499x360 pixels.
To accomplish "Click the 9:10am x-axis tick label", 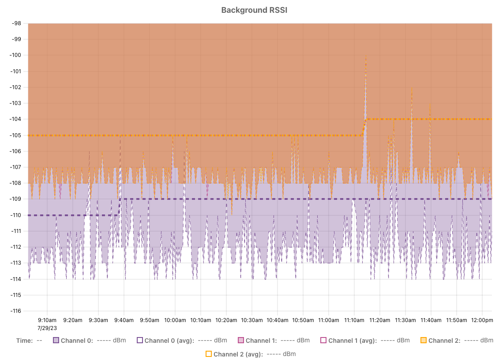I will [x=47, y=320].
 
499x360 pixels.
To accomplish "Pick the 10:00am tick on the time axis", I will [x=175, y=320].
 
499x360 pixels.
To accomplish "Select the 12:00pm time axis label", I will [x=481, y=320].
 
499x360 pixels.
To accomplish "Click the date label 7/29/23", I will [x=47, y=328].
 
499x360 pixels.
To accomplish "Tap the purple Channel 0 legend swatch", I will [x=56, y=341].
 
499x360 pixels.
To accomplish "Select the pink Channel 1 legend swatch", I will [x=240, y=341].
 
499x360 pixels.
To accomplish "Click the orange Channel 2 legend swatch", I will [x=424, y=341].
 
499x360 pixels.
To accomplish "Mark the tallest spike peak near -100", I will [x=366, y=57].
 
